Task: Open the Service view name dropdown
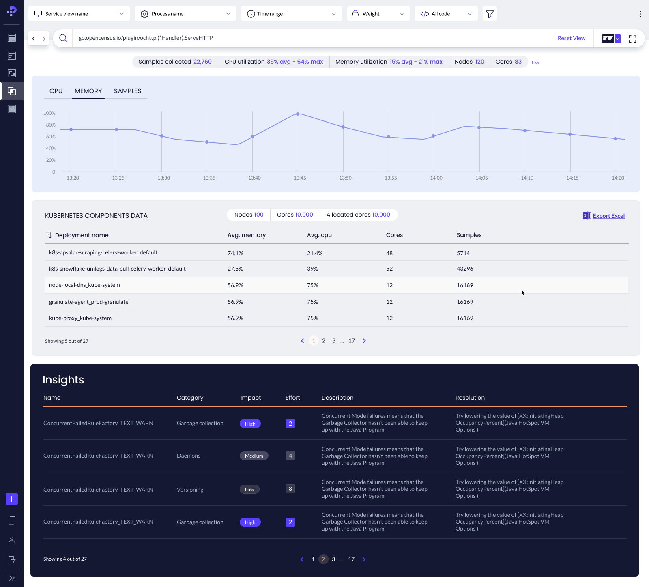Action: pos(79,14)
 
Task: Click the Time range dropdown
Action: pos(291,14)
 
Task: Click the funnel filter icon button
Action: pos(490,14)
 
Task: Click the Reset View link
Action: pos(571,38)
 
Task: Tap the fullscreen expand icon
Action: pos(632,39)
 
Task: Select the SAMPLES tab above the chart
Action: pos(127,91)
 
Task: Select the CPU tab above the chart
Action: pos(56,91)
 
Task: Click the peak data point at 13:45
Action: pos(298,114)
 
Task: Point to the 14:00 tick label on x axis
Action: pos(436,178)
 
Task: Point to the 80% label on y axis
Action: pos(51,125)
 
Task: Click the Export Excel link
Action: pos(608,216)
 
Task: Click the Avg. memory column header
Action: pos(247,235)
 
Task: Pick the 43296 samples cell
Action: pos(465,269)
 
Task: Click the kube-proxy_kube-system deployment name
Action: pos(80,318)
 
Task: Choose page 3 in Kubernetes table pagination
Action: pos(334,341)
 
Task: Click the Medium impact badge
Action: pos(254,456)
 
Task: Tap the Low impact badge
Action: pos(249,490)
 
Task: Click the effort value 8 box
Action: pos(290,489)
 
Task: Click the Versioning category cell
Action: pos(190,490)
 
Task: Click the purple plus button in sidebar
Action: pos(12,499)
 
